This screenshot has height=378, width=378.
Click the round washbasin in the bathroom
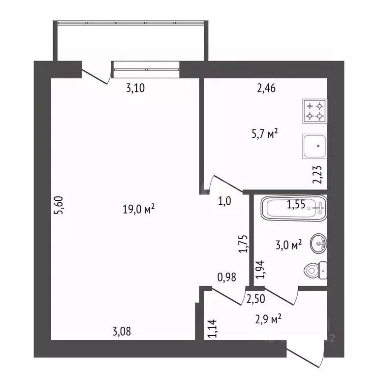pyautogui.click(x=318, y=243)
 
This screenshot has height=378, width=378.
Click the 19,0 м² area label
pyautogui.click(x=139, y=210)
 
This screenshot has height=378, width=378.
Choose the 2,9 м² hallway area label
pyautogui.click(x=268, y=320)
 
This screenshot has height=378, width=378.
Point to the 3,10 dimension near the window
pyautogui.click(x=135, y=89)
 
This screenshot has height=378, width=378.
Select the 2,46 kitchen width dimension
pyautogui.click(x=266, y=89)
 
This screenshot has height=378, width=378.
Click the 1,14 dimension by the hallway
pyautogui.click(x=212, y=328)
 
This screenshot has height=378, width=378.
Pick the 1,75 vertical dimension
pyautogui.click(x=242, y=244)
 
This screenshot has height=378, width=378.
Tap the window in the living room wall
pyautogui.click(x=145, y=69)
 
